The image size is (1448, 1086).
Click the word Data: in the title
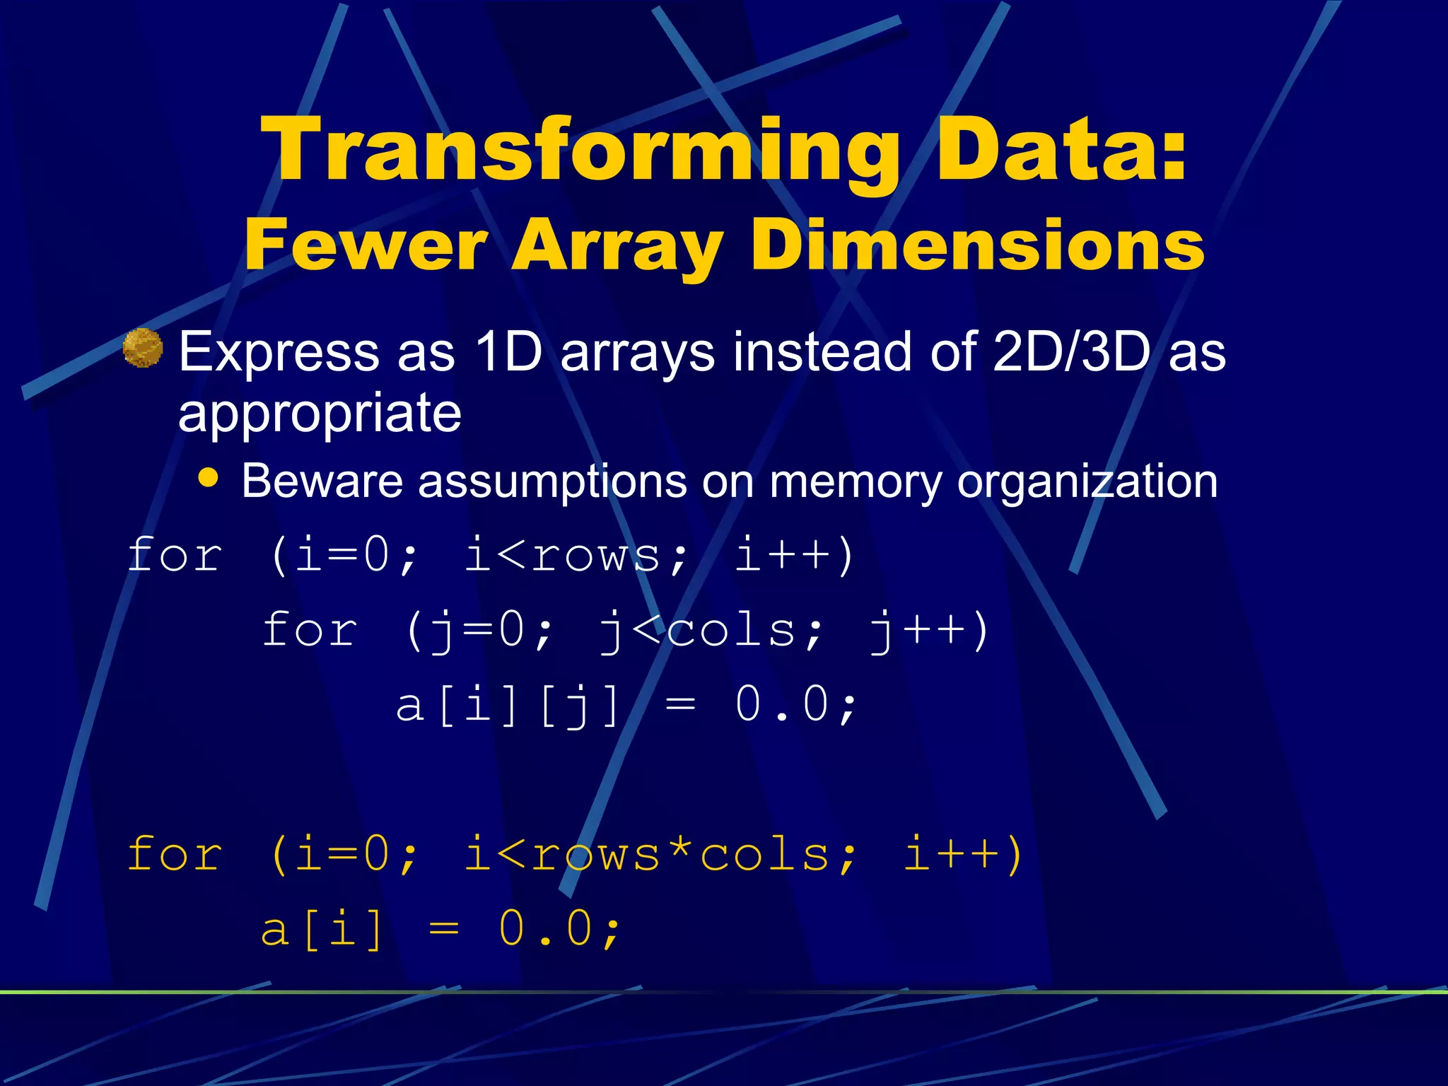(x=1061, y=150)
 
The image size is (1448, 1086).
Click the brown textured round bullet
(x=143, y=348)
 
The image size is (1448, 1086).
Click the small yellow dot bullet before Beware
(x=208, y=477)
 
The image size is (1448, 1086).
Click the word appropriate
(x=320, y=413)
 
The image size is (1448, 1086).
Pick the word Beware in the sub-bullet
(x=322, y=481)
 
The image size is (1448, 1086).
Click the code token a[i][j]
(x=508, y=706)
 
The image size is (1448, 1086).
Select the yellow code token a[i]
(x=322, y=929)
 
